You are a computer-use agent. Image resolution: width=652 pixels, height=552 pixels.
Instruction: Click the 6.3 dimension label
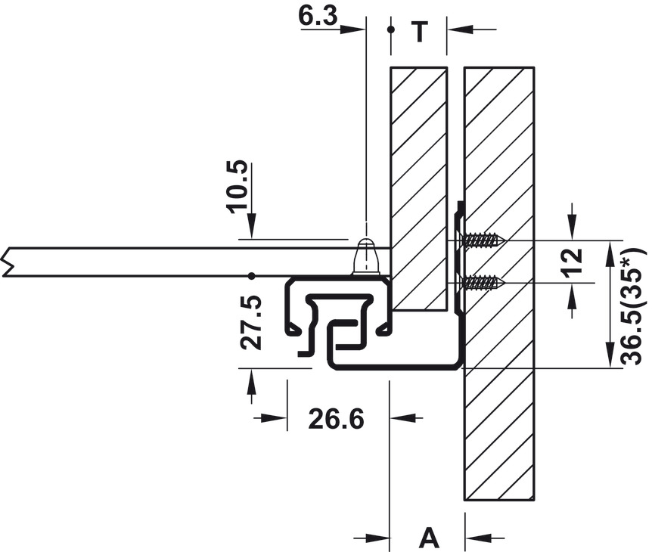click(x=318, y=17)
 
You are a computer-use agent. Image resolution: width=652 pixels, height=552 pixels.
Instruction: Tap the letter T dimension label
click(x=419, y=32)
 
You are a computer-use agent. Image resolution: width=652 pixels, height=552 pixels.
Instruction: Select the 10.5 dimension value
click(x=239, y=187)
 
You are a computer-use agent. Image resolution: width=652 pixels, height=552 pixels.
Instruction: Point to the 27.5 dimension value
click(x=250, y=322)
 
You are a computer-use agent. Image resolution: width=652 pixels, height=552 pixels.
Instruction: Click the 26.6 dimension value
click(x=336, y=419)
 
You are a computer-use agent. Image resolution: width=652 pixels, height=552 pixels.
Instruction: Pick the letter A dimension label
click(x=429, y=538)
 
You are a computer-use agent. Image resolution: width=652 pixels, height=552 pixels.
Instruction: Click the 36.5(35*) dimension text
click(x=633, y=305)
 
